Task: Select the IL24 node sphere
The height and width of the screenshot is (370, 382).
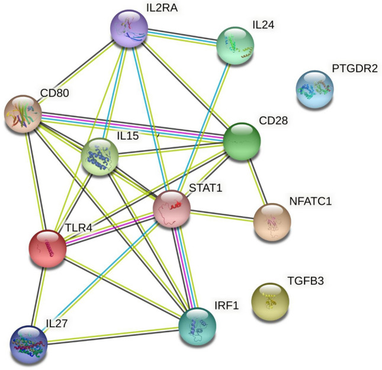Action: pyautogui.click(x=236, y=44)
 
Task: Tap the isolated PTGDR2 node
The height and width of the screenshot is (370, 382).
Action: pyautogui.click(x=314, y=88)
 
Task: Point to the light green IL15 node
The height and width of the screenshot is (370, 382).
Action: pyautogui.click(x=100, y=156)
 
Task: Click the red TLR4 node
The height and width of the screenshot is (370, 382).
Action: pyautogui.click(x=48, y=248)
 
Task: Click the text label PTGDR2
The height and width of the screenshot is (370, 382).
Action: pyautogui.click(x=354, y=69)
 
